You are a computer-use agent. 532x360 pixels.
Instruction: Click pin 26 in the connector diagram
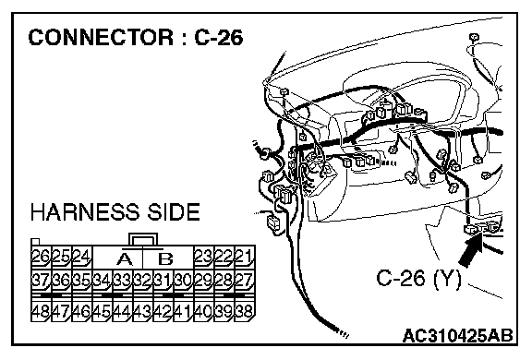pyautogui.click(x=41, y=257)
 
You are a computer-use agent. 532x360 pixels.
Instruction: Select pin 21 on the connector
pyautogui.click(x=245, y=257)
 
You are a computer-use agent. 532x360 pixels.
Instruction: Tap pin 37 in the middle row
pyautogui.click(x=41, y=281)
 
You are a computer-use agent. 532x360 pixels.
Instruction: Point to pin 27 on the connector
pyautogui.click(x=245, y=281)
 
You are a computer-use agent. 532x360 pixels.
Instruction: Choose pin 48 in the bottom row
pyautogui.click(x=41, y=311)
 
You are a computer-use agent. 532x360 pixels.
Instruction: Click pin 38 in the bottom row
pyautogui.click(x=245, y=311)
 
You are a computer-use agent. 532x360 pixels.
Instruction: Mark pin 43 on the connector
pyautogui.click(x=143, y=311)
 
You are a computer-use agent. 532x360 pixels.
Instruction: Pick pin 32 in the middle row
pyautogui.click(x=143, y=281)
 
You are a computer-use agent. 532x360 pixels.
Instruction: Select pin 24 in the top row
pyautogui.click(x=81, y=257)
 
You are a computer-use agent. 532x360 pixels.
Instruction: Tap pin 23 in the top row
pyautogui.click(x=203, y=257)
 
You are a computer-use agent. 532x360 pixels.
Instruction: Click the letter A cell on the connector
pyautogui.click(x=125, y=259)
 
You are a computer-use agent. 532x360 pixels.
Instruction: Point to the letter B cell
pyautogui.click(x=166, y=259)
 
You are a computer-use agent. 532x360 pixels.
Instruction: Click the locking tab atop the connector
pyautogui.click(x=143, y=239)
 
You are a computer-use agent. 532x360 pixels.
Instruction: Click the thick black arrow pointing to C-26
pyautogui.click(x=471, y=250)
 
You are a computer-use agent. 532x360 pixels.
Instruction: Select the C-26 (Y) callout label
pyautogui.click(x=419, y=279)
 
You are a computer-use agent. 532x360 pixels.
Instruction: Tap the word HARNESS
pyautogui.click(x=85, y=212)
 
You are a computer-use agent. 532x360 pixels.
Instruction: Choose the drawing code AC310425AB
pyautogui.click(x=458, y=336)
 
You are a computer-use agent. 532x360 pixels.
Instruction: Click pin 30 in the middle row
pyautogui.click(x=184, y=281)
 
